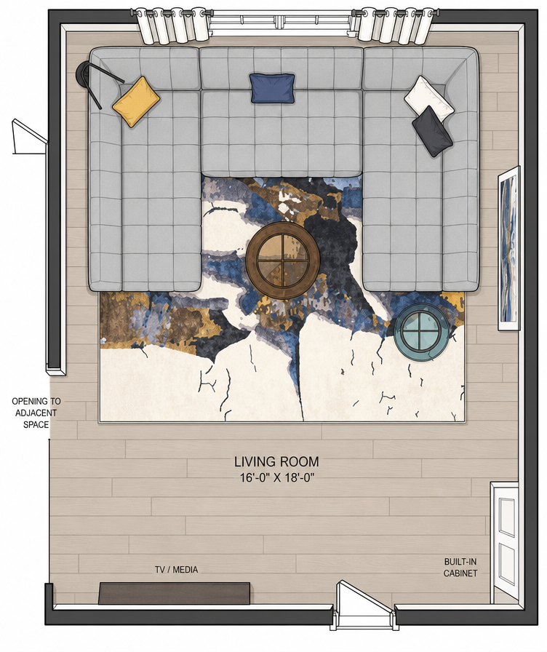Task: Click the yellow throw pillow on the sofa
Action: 136,101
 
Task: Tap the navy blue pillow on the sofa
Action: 273,88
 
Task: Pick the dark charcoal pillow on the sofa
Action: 432,131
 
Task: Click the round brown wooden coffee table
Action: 283,260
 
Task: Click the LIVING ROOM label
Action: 277,461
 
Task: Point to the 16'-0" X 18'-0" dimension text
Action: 277,478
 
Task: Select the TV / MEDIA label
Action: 176,569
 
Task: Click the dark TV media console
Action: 175,593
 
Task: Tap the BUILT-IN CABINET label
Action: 460,567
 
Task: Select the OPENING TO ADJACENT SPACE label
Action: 36,413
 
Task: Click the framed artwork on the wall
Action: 509,248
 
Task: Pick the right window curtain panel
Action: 394,25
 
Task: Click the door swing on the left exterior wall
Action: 30,138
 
